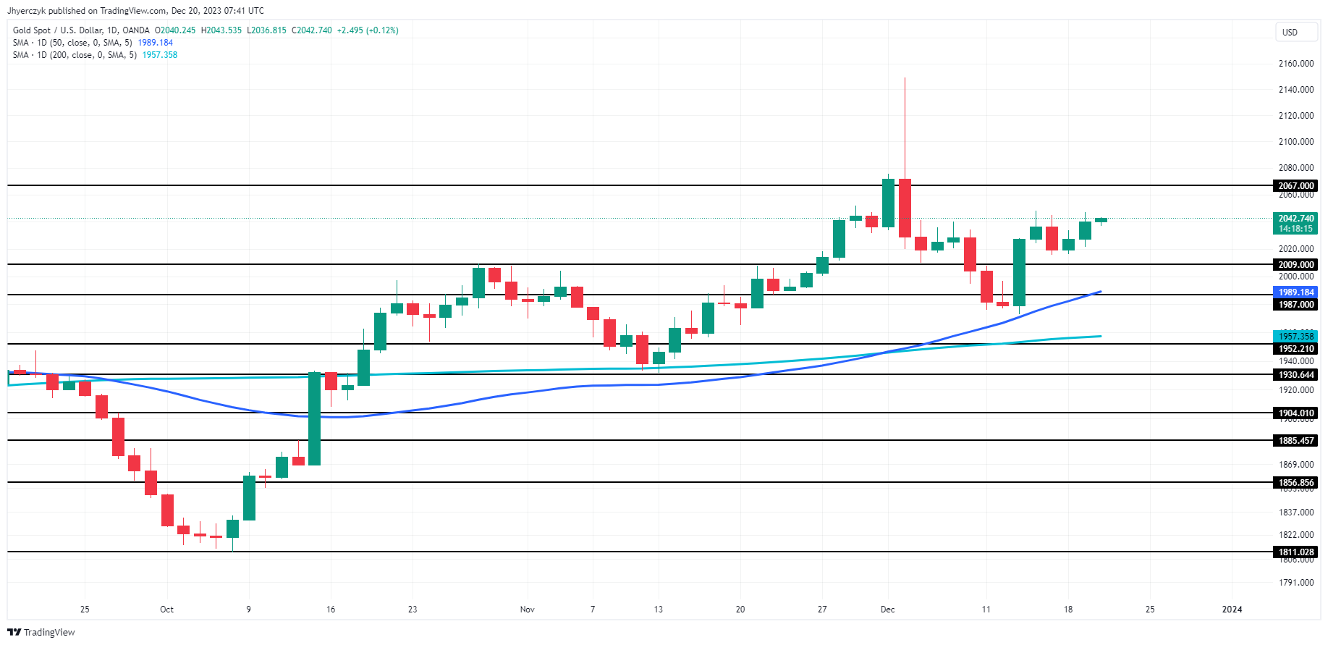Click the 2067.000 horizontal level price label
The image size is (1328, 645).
(1295, 186)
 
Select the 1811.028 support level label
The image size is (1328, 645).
(1295, 552)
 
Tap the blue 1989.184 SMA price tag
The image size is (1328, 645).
(1295, 292)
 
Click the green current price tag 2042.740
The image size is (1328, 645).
(1295, 219)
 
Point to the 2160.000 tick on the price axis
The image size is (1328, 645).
(1295, 64)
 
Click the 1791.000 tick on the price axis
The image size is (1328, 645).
(1295, 583)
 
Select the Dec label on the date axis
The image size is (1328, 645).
(887, 610)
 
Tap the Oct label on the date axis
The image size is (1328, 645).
(166, 610)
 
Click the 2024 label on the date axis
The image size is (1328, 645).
(1232, 610)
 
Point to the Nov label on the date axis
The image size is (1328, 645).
(527, 610)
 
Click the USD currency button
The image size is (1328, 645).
(1290, 33)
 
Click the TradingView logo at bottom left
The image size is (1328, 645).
(42, 633)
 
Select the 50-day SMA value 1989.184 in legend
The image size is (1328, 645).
(156, 43)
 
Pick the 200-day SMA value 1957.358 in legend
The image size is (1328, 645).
(160, 55)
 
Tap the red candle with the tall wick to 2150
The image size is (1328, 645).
(905, 207)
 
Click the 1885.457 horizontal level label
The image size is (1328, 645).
(1295, 441)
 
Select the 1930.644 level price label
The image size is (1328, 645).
(1295, 375)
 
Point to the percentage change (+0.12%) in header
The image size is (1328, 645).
(382, 30)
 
